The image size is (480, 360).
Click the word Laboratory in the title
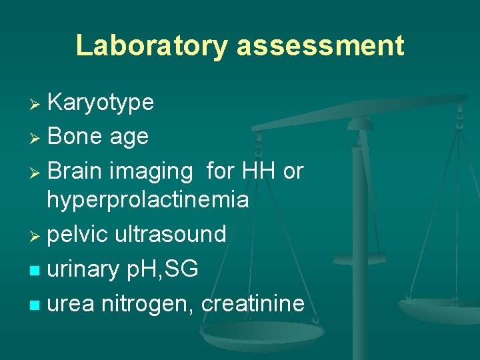[x=152, y=46]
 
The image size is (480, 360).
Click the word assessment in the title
[x=320, y=46]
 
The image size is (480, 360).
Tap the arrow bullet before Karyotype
[x=37, y=104]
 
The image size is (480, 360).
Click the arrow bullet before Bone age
[x=37, y=138]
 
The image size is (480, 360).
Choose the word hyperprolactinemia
[x=147, y=200]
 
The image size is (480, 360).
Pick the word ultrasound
[x=171, y=234]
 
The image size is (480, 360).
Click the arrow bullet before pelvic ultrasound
[x=37, y=235]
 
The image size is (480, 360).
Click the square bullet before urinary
[x=37, y=271]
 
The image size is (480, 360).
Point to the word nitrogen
[x=147, y=304]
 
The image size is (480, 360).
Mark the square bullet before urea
[x=37, y=305]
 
